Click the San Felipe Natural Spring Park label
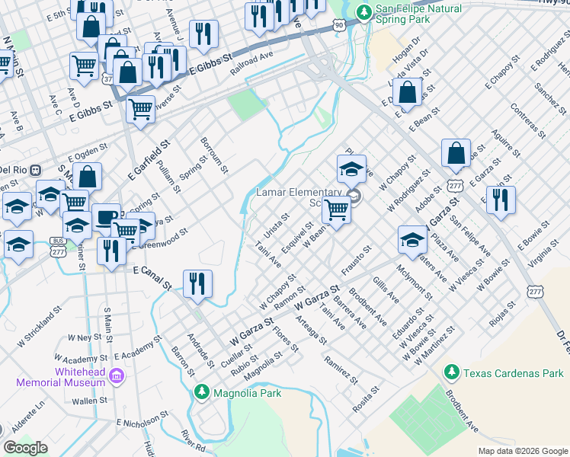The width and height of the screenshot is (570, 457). pyautogui.click(x=419, y=14)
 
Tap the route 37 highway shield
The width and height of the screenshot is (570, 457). pyautogui.click(x=108, y=79)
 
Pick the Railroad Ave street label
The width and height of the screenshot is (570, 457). pyautogui.click(x=251, y=56)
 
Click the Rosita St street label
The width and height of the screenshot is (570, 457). pyautogui.click(x=366, y=399)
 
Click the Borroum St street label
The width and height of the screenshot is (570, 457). pyautogui.click(x=213, y=155)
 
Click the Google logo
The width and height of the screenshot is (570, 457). pyautogui.click(x=26, y=448)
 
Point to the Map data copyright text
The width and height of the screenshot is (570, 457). pyautogui.click(x=522, y=451)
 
